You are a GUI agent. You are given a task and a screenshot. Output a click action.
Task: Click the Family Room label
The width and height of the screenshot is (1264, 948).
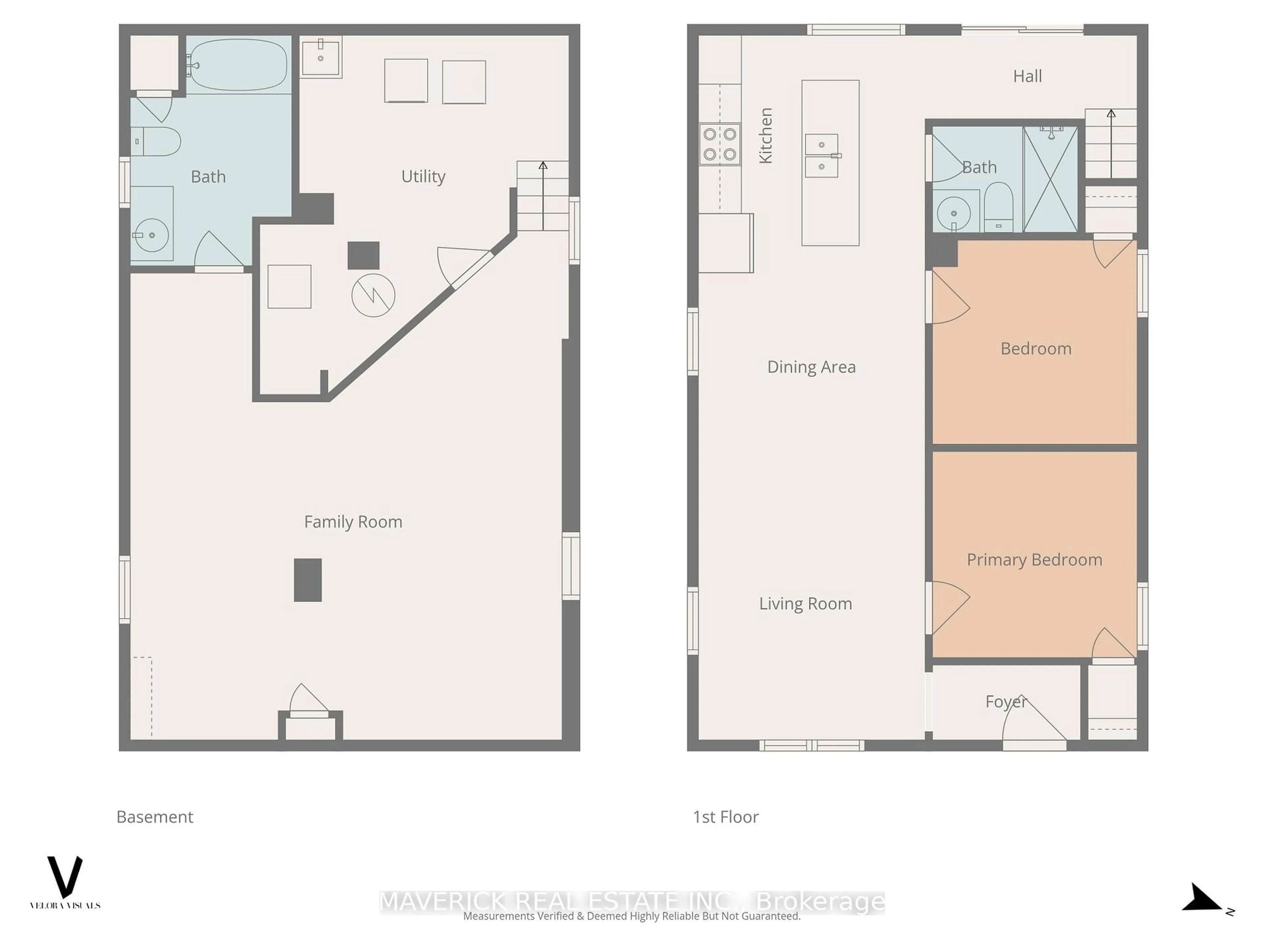(353, 522)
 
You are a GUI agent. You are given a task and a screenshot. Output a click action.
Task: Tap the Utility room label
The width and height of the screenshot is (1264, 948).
(423, 176)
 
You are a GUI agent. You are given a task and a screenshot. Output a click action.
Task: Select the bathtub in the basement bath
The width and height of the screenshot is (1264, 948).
(238, 65)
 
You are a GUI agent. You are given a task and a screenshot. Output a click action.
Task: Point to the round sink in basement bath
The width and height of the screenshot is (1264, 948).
(151, 235)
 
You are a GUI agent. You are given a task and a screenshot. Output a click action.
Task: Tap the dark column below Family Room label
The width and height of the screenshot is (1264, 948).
(307, 580)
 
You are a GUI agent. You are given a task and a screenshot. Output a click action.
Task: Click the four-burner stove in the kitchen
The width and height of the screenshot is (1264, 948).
(720, 144)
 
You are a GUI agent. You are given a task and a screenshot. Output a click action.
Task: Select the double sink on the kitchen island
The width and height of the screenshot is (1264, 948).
(822, 155)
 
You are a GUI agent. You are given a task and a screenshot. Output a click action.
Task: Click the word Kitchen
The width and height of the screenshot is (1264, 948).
(765, 135)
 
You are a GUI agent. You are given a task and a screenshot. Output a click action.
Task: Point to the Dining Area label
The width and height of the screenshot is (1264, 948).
(811, 367)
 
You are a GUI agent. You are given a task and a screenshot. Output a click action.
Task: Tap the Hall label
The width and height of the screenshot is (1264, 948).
(1027, 76)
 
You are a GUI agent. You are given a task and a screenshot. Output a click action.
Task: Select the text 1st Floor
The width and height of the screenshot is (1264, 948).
(725, 817)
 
